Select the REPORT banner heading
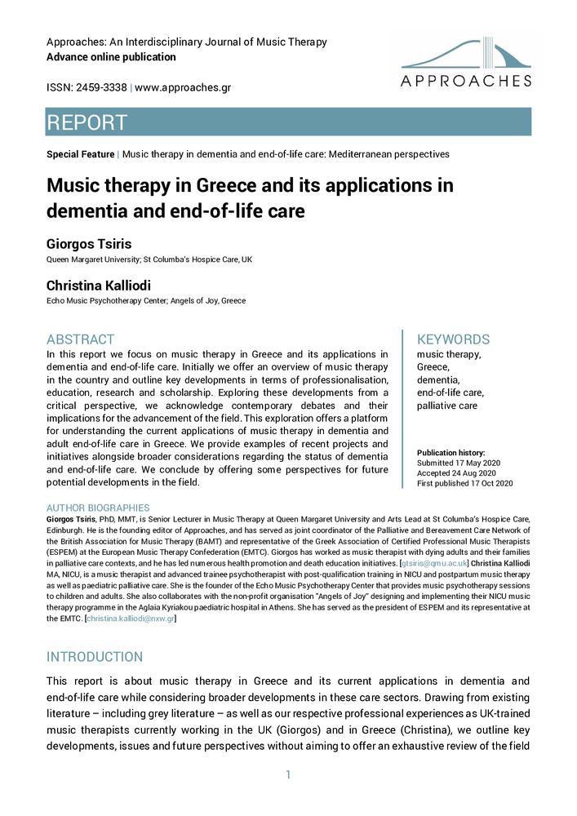click(x=87, y=122)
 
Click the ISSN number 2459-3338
click(x=100, y=87)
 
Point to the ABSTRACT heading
click(x=81, y=339)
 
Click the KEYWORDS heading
click(x=453, y=339)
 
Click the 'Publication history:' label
click(x=451, y=452)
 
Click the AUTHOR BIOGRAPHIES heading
click(x=98, y=508)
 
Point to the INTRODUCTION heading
click(x=94, y=657)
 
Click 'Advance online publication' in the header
click(x=111, y=57)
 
